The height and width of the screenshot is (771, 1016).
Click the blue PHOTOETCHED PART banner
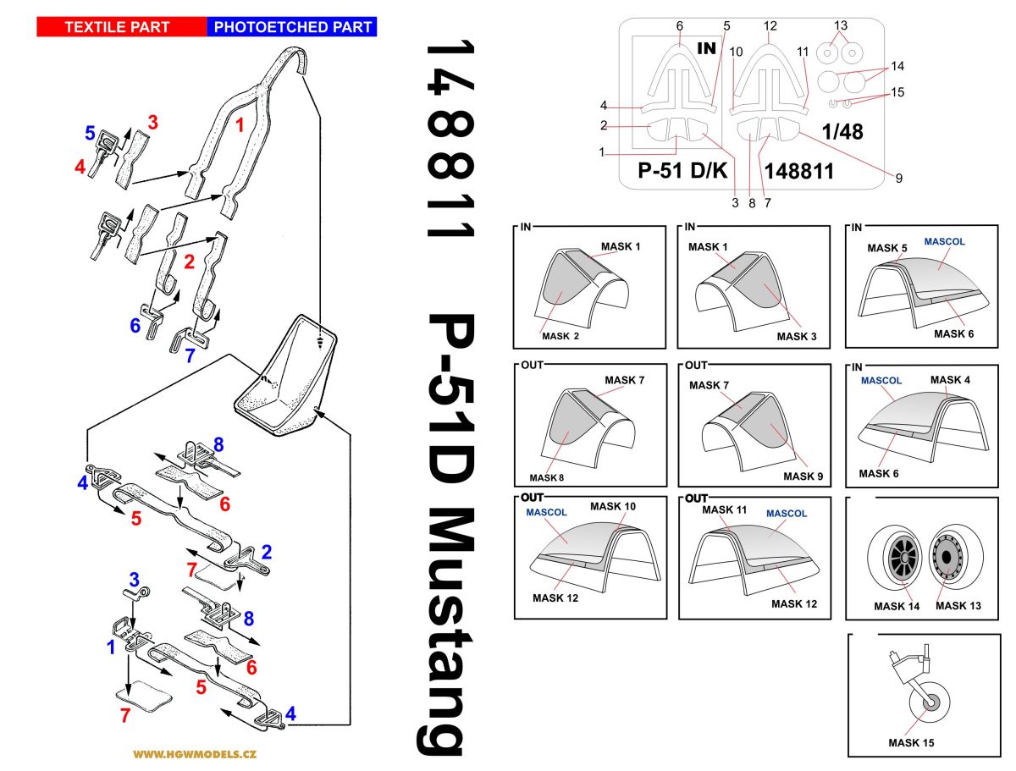pos(292,27)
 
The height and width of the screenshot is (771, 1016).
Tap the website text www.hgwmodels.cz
pos(195,753)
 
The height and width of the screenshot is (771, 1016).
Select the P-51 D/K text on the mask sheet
pos(683,172)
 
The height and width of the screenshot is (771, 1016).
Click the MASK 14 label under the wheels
pos(896,606)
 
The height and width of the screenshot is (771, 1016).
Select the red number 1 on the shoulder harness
pos(240,127)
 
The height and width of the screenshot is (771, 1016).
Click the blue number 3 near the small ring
pos(133,579)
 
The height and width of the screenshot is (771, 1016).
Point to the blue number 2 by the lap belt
pos(266,553)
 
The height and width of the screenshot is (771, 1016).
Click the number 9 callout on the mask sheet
pos(899,178)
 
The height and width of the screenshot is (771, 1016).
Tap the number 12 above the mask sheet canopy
pos(770,26)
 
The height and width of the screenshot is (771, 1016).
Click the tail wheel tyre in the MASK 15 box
pos(929,702)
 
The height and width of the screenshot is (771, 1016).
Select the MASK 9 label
pos(803,476)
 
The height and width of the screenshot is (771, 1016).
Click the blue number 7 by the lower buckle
pos(190,356)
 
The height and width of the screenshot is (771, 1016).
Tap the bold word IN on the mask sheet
pos(706,49)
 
